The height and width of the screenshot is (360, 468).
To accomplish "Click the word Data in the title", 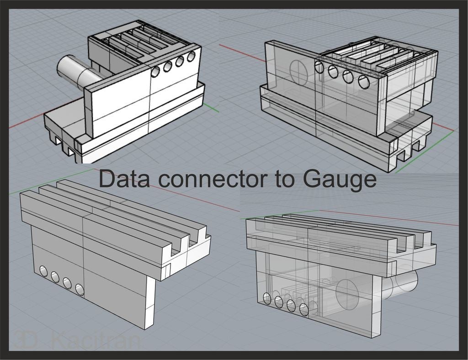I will [122, 179].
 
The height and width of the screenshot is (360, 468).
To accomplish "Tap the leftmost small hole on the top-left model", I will [156, 71].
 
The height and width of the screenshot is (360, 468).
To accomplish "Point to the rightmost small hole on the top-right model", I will [364, 82].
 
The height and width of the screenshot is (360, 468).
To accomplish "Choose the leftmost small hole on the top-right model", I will [319, 67].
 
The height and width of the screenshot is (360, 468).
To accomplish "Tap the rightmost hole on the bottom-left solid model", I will [80, 289].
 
